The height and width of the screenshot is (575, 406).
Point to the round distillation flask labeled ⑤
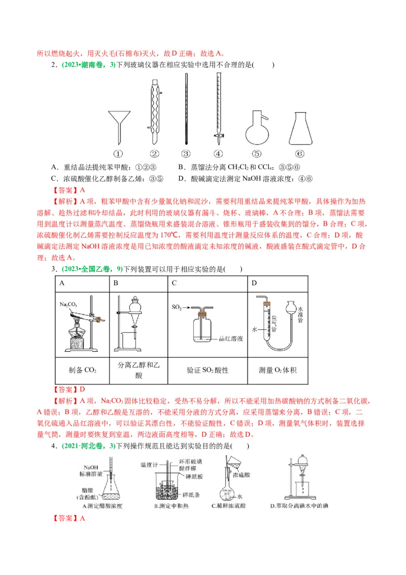(257, 129)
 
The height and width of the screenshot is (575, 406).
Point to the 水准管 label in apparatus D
(300, 315)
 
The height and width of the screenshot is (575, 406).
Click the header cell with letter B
(116, 283)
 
